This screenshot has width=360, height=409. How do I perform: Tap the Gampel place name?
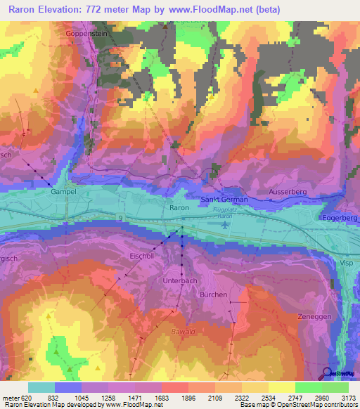[x=63, y=190]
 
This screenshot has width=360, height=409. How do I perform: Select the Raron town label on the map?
[x=179, y=208]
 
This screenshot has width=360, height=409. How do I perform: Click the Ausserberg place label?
[x=288, y=191]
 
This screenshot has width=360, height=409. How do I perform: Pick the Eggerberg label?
[x=340, y=219]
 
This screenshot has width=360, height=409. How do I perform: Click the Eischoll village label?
[x=142, y=257]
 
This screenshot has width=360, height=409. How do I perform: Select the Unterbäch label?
[x=180, y=280]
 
